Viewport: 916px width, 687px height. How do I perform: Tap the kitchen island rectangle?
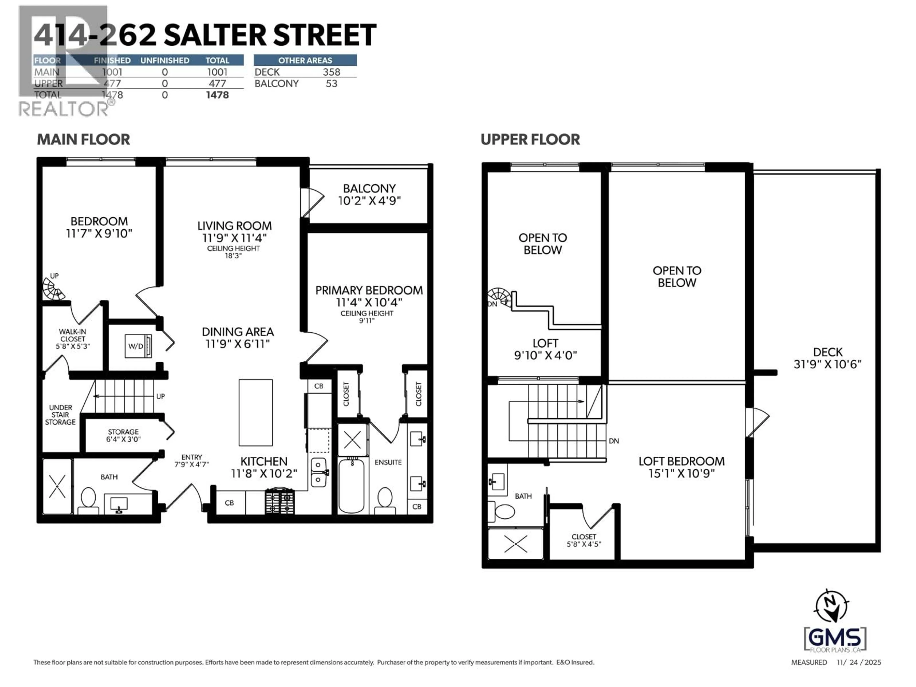click(x=255, y=412)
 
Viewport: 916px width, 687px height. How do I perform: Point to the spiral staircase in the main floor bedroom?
click(x=52, y=289)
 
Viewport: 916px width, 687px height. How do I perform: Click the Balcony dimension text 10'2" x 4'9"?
click(x=369, y=201)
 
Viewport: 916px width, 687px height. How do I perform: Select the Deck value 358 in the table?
click(x=331, y=72)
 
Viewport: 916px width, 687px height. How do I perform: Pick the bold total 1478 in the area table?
click(x=217, y=95)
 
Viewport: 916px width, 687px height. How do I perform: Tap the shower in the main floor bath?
click(x=57, y=486)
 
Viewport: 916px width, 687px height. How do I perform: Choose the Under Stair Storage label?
click(x=60, y=415)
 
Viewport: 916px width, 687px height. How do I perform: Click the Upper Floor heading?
click(x=530, y=140)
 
